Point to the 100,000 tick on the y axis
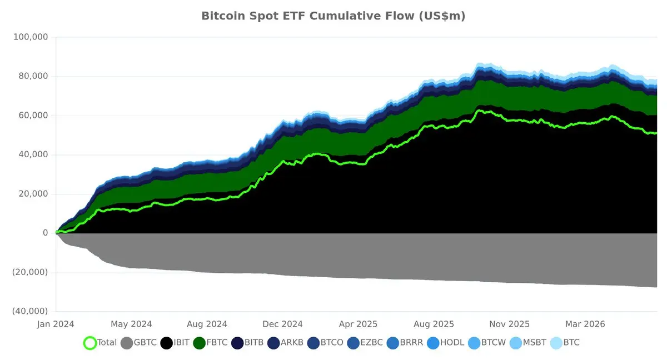[x=31, y=37]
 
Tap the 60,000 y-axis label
[x=33, y=116]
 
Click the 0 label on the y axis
[x=45, y=233]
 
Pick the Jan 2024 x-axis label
[x=56, y=324]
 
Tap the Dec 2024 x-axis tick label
[x=282, y=324]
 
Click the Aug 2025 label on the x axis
[x=434, y=324]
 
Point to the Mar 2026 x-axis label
[x=585, y=324]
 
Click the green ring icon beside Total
[x=90, y=343]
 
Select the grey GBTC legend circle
[x=127, y=343]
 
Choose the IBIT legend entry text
[x=181, y=342]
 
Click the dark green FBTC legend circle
[x=199, y=343]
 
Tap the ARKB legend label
[x=292, y=342]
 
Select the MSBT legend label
[x=535, y=342]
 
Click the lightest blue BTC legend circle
[x=556, y=343]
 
